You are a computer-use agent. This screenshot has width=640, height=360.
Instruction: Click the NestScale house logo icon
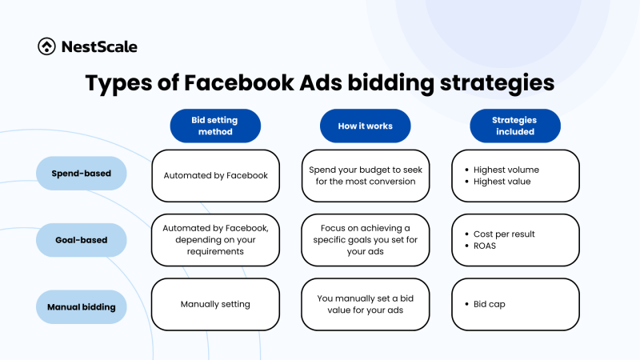coord(46,46)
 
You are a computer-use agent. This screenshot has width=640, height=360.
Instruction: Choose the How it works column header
coord(366,126)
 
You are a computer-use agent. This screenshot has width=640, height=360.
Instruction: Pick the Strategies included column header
coord(514,126)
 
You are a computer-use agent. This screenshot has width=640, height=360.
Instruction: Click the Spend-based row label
coord(82,174)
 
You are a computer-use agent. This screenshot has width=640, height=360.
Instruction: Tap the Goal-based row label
coord(82,240)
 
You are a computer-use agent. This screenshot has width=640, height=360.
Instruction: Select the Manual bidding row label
coord(82,306)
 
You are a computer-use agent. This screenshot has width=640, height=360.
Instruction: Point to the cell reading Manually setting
coord(215,304)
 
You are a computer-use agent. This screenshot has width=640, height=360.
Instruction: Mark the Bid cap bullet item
coord(490,304)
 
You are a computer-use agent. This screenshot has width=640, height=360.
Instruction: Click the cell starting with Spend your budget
coord(366,175)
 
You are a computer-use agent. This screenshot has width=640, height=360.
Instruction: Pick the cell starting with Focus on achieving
coord(366,240)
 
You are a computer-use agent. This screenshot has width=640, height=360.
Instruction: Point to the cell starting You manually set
coord(366,304)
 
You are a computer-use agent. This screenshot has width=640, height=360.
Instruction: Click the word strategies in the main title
coord(496,84)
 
